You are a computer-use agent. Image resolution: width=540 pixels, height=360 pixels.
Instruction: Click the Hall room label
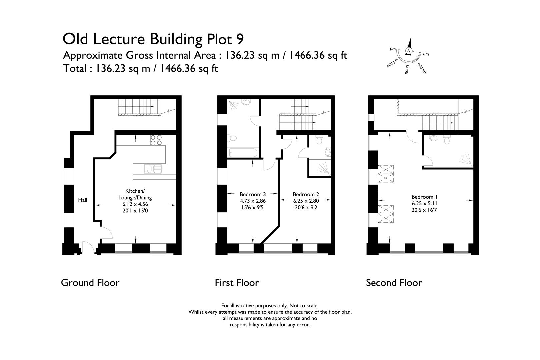tap(83, 200)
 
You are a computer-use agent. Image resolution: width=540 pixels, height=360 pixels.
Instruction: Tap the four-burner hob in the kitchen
tap(156, 140)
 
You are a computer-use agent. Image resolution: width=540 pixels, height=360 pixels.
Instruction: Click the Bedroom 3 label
tap(253, 194)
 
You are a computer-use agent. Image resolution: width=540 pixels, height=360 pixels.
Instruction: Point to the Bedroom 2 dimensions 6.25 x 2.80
tap(306, 201)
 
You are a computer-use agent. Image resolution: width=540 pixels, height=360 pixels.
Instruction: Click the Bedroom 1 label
tap(424, 197)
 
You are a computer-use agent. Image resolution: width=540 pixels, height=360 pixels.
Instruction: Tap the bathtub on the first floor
tap(243, 153)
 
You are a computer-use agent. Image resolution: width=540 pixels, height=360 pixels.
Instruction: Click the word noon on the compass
tap(407, 70)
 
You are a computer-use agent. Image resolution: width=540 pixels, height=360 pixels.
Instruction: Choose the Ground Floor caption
tap(90, 283)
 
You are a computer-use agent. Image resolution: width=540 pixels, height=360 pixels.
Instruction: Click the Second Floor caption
tap(394, 283)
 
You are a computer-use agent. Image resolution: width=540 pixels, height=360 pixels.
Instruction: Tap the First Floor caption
tap(237, 283)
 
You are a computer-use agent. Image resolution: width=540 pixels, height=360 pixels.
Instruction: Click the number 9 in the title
tap(240, 39)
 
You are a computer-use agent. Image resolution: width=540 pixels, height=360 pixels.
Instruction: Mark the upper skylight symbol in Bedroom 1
tap(386, 173)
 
